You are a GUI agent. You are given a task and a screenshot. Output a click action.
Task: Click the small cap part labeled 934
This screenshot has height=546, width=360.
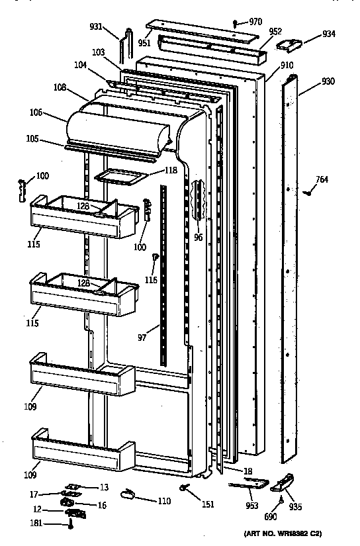[x=289, y=44]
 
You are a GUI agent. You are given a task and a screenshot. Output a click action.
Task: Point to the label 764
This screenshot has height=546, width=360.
[x=321, y=179]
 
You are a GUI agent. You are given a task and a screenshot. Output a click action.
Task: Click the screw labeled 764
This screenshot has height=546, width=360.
[x=306, y=193]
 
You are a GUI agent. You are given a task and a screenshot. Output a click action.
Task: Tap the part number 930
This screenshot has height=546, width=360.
[x=328, y=81]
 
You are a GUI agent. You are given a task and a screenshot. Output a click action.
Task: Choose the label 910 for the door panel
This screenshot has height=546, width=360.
[x=287, y=66]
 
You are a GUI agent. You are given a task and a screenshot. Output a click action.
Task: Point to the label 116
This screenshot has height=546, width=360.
[x=152, y=281]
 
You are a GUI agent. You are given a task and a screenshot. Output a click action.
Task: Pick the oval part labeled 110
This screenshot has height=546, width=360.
[x=128, y=493]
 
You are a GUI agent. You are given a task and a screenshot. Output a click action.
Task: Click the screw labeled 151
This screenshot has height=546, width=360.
[x=185, y=489]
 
